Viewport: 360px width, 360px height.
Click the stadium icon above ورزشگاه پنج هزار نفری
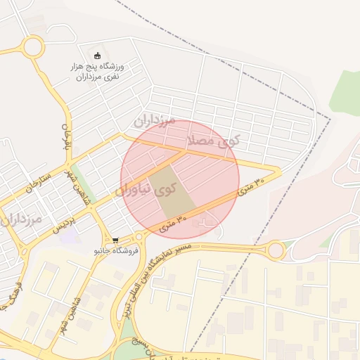pos(98,56)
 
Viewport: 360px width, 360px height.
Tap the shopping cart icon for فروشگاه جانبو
pos(115,240)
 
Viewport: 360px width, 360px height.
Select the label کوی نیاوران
pos(145,190)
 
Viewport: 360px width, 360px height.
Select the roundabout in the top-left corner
pos(32,48)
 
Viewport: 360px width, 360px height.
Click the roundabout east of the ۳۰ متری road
pos(276,250)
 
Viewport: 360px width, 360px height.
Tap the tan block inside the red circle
pos(172,191)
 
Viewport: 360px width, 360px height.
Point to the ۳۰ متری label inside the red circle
pos(172,223)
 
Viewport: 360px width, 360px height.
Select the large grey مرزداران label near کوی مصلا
pos(155,121)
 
